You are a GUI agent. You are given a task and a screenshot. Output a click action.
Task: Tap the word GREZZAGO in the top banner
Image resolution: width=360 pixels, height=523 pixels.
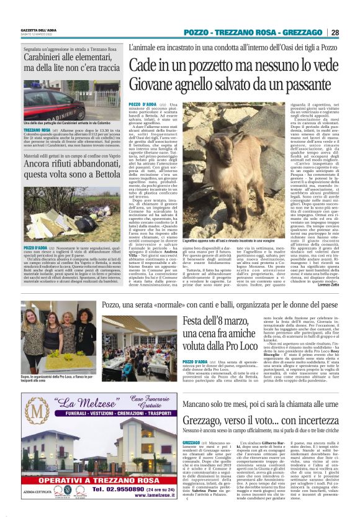(304, 32)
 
